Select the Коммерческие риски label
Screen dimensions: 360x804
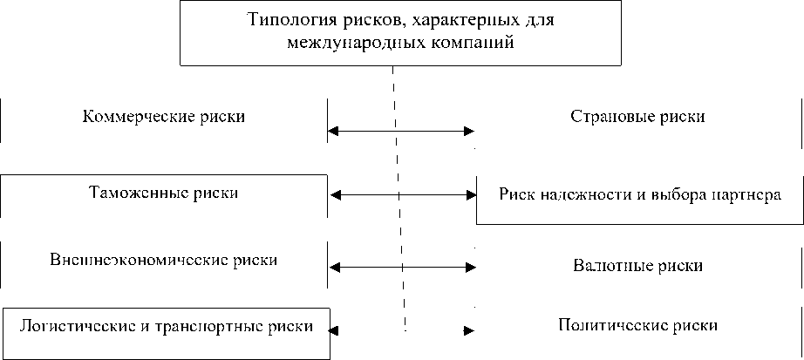tap(163, 117)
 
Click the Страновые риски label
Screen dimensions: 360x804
tap(637, 117)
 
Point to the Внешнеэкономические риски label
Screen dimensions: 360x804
tap(164, 260)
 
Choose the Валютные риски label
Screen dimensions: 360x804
tap(638, 265)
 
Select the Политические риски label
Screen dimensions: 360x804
tap(637, 326)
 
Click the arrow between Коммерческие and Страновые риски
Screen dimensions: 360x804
tap(400, 132)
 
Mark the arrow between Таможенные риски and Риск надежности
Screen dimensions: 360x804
tap(400, 194)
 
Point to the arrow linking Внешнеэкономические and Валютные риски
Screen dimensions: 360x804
tap(400, 265)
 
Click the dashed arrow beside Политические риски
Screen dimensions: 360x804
tap(468, 330)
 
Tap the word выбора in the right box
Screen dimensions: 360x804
tap(676, 194)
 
